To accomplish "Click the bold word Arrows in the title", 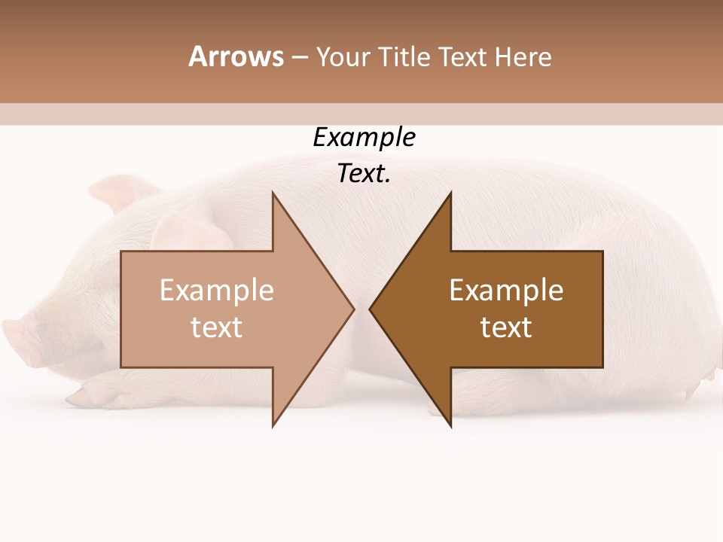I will (236, 56).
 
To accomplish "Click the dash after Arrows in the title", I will (299, 57).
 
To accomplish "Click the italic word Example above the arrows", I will (364, 138).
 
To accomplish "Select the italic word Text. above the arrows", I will (364, 174).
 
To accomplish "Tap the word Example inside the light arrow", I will (216, 291).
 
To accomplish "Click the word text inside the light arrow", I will (216, 327).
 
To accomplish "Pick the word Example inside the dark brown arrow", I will (506, 291).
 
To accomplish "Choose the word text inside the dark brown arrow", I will (506, 327).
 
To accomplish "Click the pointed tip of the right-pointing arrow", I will (353, 309).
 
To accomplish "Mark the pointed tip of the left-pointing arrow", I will (371, 309).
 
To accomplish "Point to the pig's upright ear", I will (120, 192).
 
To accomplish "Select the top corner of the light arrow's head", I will (273, 193).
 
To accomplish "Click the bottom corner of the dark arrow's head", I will (450, 425).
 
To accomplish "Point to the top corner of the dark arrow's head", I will (450, 193).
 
